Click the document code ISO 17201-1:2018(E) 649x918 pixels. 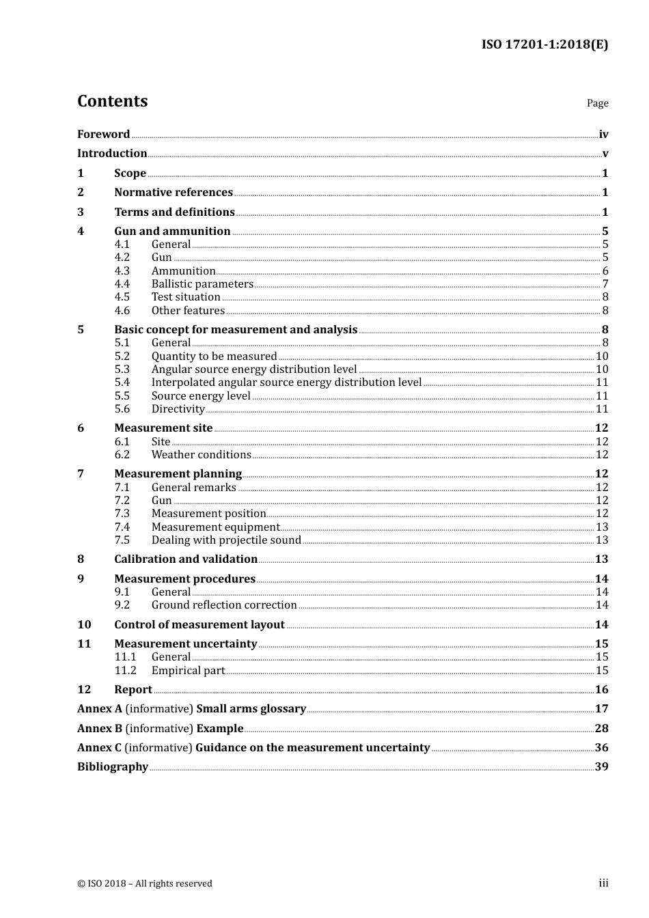[x=544, y=44]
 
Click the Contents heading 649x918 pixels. [x=112, y=101]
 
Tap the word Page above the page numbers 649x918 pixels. [x=597, y=103]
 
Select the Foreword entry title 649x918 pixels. [x=103, y=135]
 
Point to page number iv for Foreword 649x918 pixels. [x=603, y=135]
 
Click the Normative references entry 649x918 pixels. [x=174, y=193]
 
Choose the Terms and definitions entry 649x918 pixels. [x=174, y=212]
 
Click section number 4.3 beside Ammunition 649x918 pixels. [x=122, y=271]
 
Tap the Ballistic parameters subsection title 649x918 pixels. [x=202, y=284]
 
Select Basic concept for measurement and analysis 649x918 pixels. [x=236, y=330]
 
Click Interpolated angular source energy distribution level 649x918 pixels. [x=286, y=382]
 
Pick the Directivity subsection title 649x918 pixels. [x=178, y=409]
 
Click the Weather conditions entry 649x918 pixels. [x=201, y=455]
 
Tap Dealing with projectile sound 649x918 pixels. [x=226, y=540]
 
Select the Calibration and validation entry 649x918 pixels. [x=186, y=559]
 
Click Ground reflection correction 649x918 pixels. [x=224, y=605]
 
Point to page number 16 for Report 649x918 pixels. [x=601, y=690]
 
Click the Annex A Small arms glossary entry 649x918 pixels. [x=191, y=709]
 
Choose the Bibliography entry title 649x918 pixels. [x=113, y=767]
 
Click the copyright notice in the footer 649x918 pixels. [x=145, y=884]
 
